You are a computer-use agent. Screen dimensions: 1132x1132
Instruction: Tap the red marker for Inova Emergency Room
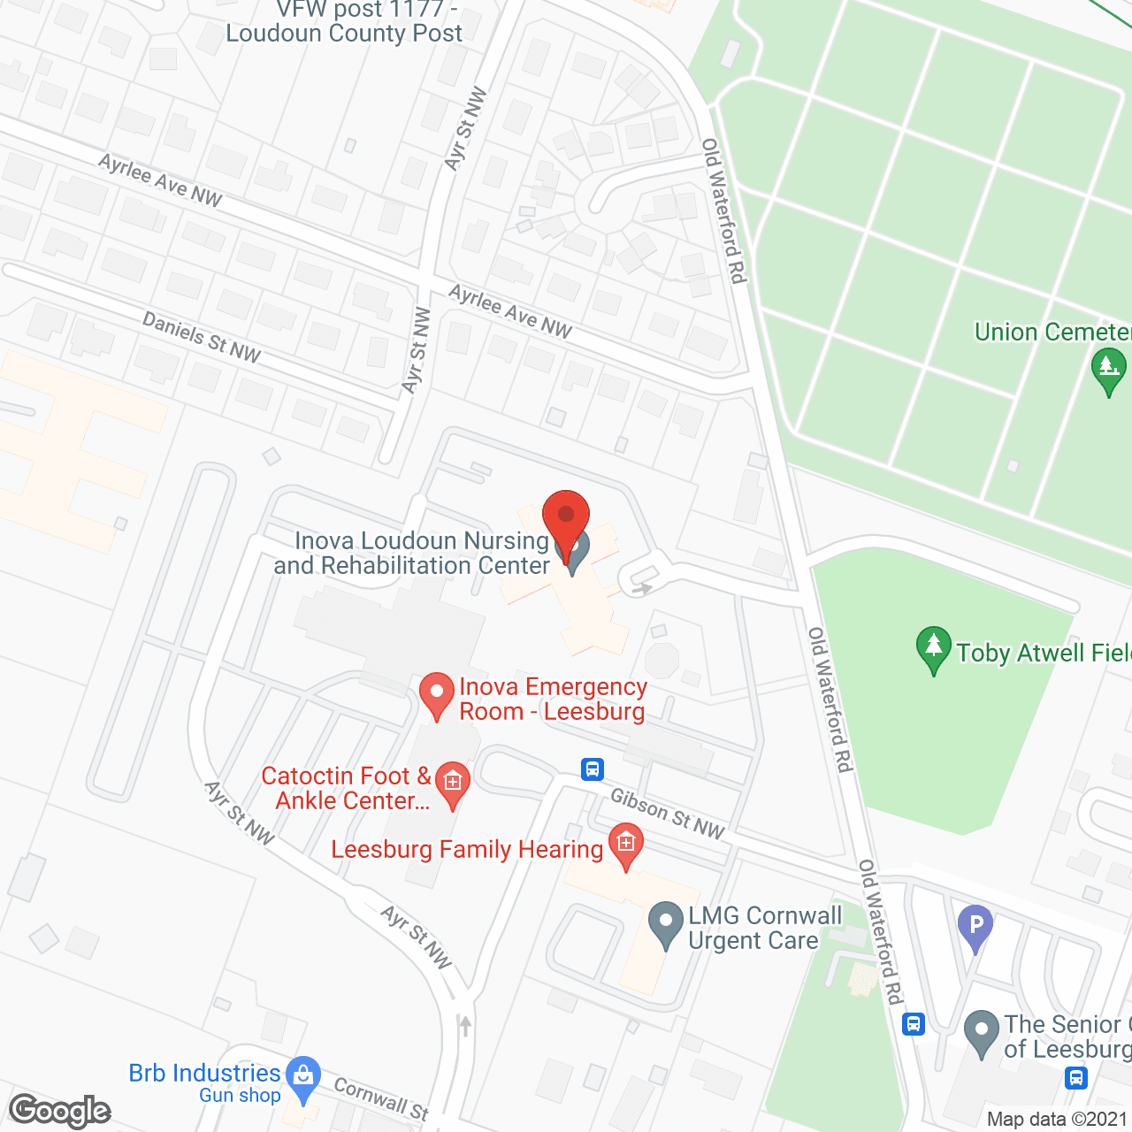tap(436, 694)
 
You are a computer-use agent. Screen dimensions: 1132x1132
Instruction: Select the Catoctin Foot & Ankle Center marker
tap(453, 784)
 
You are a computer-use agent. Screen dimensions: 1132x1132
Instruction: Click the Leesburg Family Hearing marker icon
tap(626, 845)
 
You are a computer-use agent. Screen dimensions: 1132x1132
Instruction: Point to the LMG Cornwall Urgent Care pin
tap(665, 923)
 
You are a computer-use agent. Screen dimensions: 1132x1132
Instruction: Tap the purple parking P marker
tap(975, 928)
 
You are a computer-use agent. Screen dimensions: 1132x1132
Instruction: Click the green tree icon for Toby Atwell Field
tap(933, 648)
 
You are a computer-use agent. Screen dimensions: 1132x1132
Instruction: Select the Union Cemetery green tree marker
tap(1108, 369)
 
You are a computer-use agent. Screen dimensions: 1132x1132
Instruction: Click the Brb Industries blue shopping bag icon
tap(303, 1078)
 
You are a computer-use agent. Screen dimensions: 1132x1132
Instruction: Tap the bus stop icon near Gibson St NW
tap(593, 769)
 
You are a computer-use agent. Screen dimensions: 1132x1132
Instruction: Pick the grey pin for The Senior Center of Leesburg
tap(981, 1032)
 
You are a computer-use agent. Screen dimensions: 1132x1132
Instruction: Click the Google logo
tap(60, 1110)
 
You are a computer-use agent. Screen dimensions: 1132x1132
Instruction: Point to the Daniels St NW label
tap(202, 337)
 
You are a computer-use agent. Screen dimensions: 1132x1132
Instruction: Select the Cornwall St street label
tap(380, 1098)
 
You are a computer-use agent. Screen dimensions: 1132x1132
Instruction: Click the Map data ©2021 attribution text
tap(1058, 1120)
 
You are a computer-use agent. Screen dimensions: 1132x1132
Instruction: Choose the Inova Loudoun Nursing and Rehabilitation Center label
tap(412, 553)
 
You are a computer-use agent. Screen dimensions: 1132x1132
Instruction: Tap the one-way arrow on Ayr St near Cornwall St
tap(465, 1026)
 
